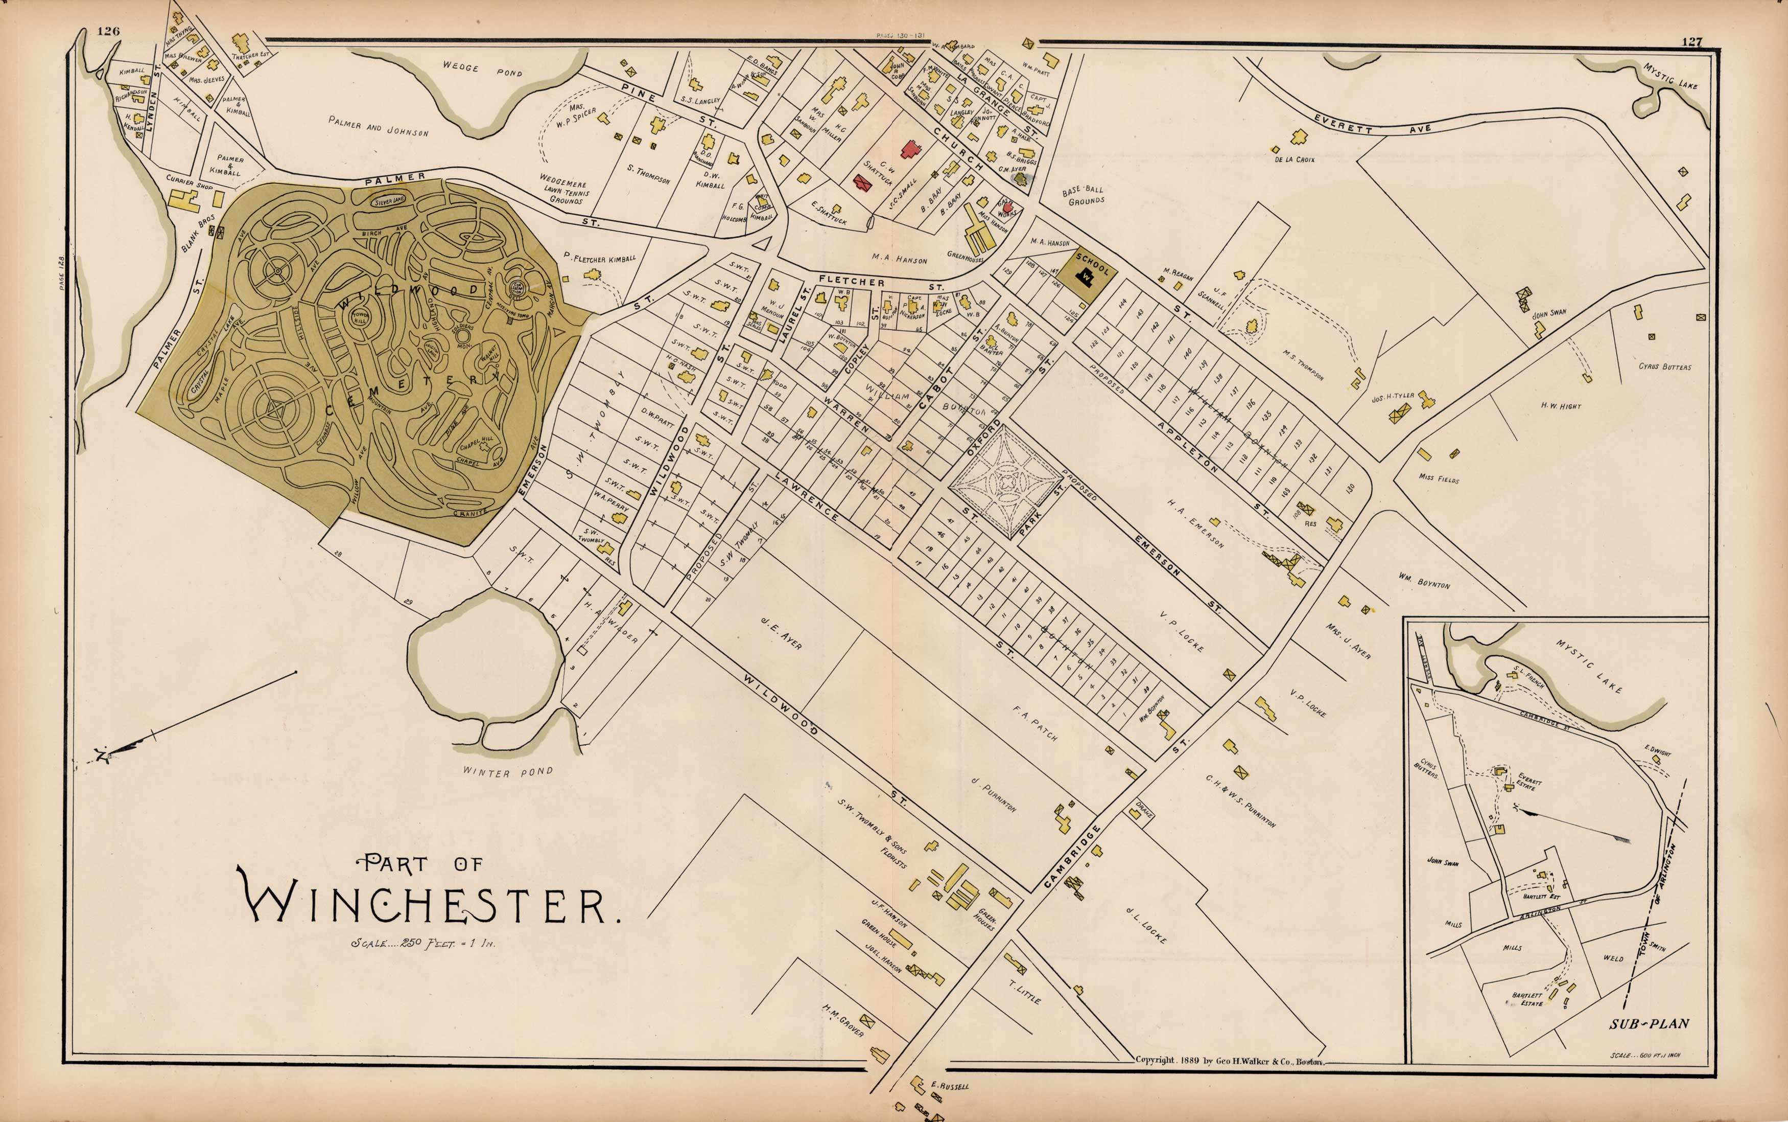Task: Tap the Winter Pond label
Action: tap(508, 772)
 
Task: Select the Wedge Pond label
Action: tap(482, 69)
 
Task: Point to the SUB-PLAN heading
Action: tap(1649, 1024)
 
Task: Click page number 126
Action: tap(108, 31)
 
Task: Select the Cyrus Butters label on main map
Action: tap(1665, 367)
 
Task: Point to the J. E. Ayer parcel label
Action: tap(781, 633)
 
